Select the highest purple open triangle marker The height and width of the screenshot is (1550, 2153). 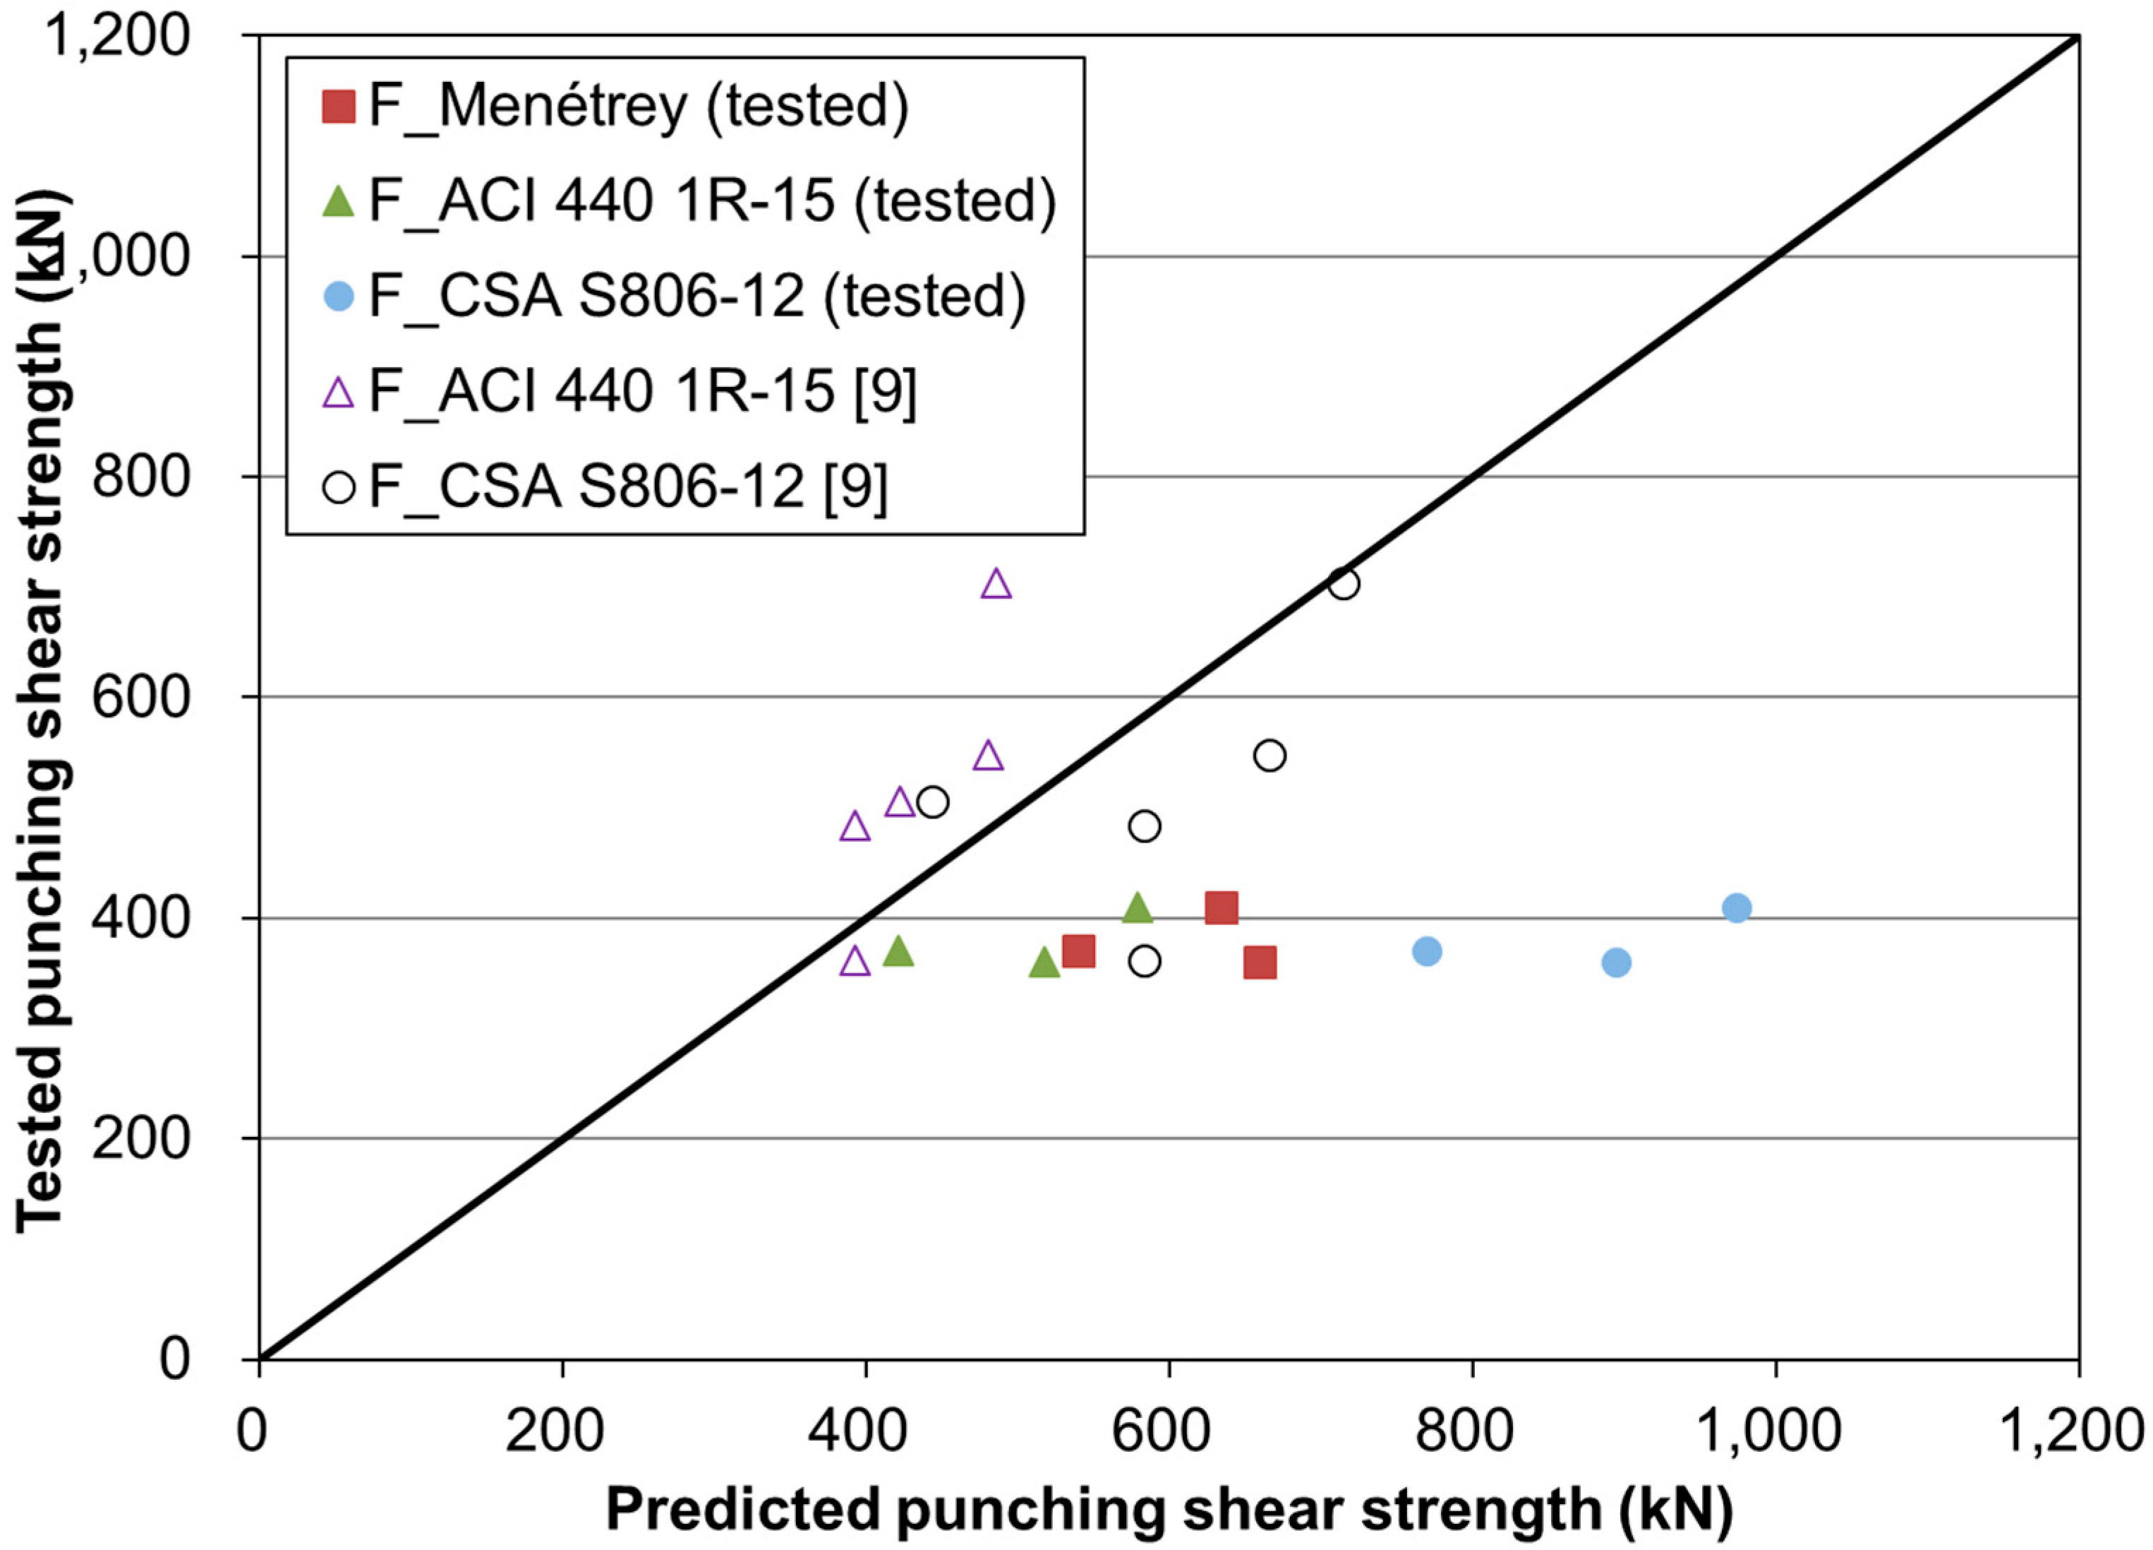pyautogui.click(x=996, y=583)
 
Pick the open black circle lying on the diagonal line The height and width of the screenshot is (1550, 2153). pyautogui.click(x=1344, y=584)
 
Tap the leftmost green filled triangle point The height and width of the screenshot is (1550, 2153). pyautogui.click(x=898, y=950)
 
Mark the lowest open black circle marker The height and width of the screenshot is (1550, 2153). pyautogui.click(x=1145, y=962)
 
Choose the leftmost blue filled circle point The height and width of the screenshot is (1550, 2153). pyautogui.click(x=1427, y=950)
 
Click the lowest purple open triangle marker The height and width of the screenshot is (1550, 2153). pyautogui.click(x=855, y=961)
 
